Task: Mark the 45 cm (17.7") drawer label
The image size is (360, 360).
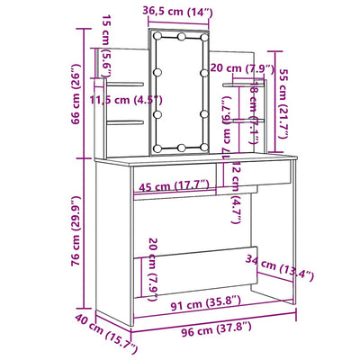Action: click(173, 185)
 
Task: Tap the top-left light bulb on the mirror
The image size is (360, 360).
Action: click(158, 39)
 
